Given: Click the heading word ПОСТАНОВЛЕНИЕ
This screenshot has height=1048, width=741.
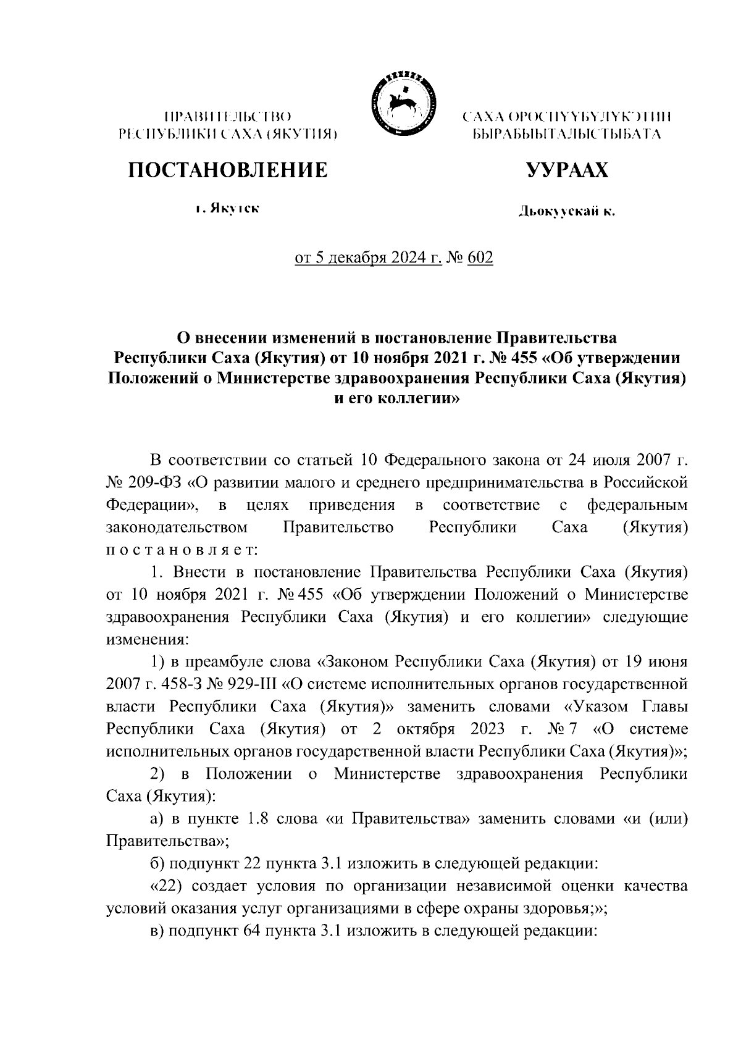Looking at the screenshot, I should (227, 170).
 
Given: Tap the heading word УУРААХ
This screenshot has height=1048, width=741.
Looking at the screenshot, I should (566, 170).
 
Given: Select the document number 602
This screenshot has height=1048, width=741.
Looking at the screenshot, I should (481, 258).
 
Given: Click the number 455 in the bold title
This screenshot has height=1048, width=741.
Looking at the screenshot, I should (541, 358).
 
